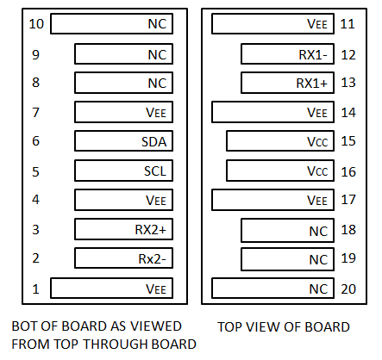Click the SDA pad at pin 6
(x=123, y=141)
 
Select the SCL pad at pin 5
(x=123, y=171)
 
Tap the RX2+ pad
(x=123, y=229)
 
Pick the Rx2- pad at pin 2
(x=123, y=258)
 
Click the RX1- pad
(x=287, y=53)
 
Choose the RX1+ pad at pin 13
(x=287, y=83)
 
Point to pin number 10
(x=36, y=24)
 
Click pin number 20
(x=348, y=289)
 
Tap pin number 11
(x=348, y=24)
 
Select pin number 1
(x=35, y=289)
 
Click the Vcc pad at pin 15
(x=280, y=141)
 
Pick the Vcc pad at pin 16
(x=280, y=171)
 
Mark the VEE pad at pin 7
(x=123, y=112)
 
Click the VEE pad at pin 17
(x=272, y=200)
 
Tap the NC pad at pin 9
(x=123, y=53)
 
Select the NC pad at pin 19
(x=287, y=259)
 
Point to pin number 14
(x=348, y=112)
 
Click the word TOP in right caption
(x=229, y=327)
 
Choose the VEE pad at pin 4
(x=123, y=200)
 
